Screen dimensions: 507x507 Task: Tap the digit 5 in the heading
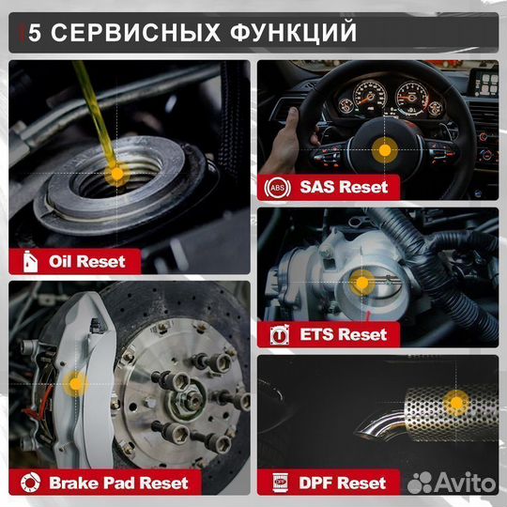coord(34,33)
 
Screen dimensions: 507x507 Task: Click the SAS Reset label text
coord(344,186)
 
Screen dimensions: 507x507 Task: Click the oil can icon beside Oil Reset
coord(25,260)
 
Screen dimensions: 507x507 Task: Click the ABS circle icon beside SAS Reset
coord(278,186)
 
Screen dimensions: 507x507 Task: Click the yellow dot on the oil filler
coord(116,174)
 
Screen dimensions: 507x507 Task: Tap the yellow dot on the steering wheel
coord(382,149)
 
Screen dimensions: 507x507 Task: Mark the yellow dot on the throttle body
coord(361,282)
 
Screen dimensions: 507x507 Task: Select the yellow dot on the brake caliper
coord(77,382)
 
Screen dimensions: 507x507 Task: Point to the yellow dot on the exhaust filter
coord(456,405)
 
